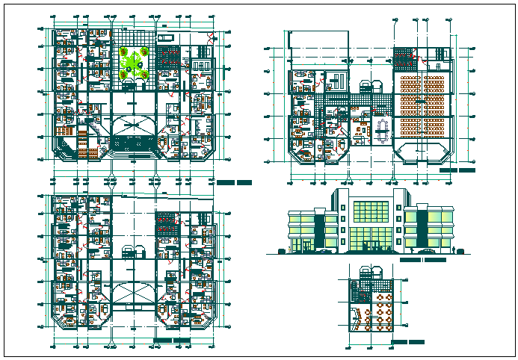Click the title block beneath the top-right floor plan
pos(457,170)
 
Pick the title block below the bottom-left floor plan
pos(171,341)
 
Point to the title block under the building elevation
pos(423,261)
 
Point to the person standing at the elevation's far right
pos(454,247)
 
